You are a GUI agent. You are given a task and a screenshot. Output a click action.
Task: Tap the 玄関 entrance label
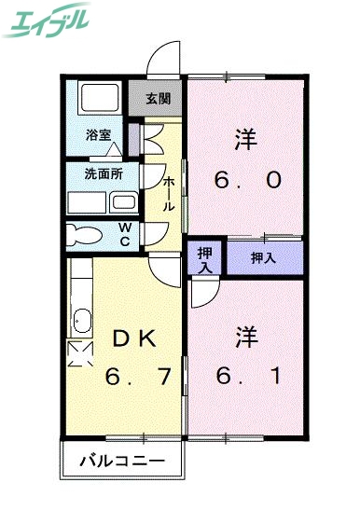pos(158,98)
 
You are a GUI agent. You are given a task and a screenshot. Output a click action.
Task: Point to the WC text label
pos(125,235)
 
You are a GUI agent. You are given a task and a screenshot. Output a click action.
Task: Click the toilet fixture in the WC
pos(87,234)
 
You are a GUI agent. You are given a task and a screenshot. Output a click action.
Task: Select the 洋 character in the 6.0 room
pos(245,139)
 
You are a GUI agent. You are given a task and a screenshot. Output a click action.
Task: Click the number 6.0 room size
pos(246,180)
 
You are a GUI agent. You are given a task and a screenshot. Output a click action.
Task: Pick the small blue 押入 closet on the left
pos(204,257)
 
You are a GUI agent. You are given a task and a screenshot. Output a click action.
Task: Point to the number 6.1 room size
pos(246,377)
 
